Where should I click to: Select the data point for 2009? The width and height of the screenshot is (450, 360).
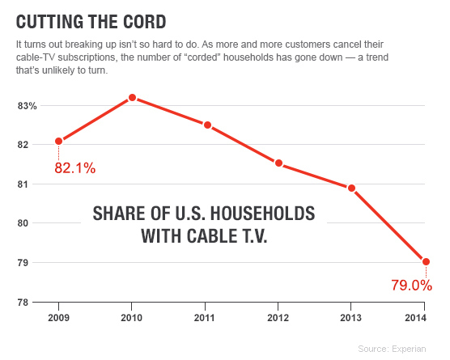pos(58,141)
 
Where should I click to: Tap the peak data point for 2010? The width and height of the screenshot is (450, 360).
pos(132,98)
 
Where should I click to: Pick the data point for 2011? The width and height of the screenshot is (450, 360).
pos(208,125)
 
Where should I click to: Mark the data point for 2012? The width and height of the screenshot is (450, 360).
pos(279,163)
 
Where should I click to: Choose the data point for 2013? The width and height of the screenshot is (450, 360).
pos(351,188)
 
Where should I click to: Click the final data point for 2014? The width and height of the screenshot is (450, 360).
pos(426,261)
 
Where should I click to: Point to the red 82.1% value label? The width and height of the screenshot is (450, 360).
pos(74,168)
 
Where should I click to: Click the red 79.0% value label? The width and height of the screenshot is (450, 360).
pos(410,285)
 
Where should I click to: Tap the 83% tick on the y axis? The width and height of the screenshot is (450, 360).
pos(28,106)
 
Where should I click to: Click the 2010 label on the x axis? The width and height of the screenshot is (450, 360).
pos(132,316)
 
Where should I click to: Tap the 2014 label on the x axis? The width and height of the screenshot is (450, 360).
pos(424,316)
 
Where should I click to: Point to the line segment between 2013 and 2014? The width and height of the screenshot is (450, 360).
pos(388,225)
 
